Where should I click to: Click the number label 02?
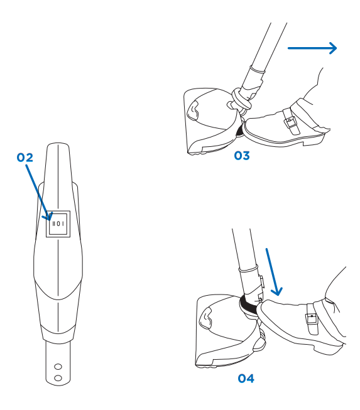(x=25, y=158)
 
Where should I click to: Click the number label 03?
(x=241, y=156)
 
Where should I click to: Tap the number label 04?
(x=246, y=379)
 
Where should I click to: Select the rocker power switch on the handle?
(x=58, y=223)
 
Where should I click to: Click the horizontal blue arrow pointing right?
(x=312, y=48)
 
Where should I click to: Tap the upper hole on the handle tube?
(x=58, y=366)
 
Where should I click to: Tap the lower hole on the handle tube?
(x=58, y=377)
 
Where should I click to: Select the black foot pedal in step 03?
(x=239, y=131)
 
